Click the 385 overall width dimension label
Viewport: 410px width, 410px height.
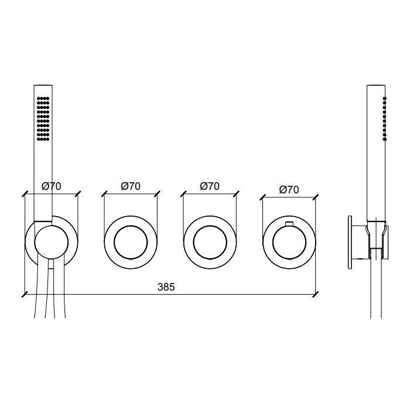coord(166,287)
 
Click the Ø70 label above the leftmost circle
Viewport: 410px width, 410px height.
coord(52,186)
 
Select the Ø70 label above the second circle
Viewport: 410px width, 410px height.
coord(131,186)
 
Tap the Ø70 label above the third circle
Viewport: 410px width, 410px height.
coord(210,186)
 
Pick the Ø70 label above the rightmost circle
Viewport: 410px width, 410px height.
coord(289,190)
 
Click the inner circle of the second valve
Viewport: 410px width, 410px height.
coord(114,242)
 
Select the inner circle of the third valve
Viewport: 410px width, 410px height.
coord(193,242)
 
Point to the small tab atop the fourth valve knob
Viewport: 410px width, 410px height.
coord(289,223)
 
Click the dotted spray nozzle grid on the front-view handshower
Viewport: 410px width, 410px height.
coord(43,119)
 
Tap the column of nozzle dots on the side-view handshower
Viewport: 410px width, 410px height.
coord(385,119)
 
